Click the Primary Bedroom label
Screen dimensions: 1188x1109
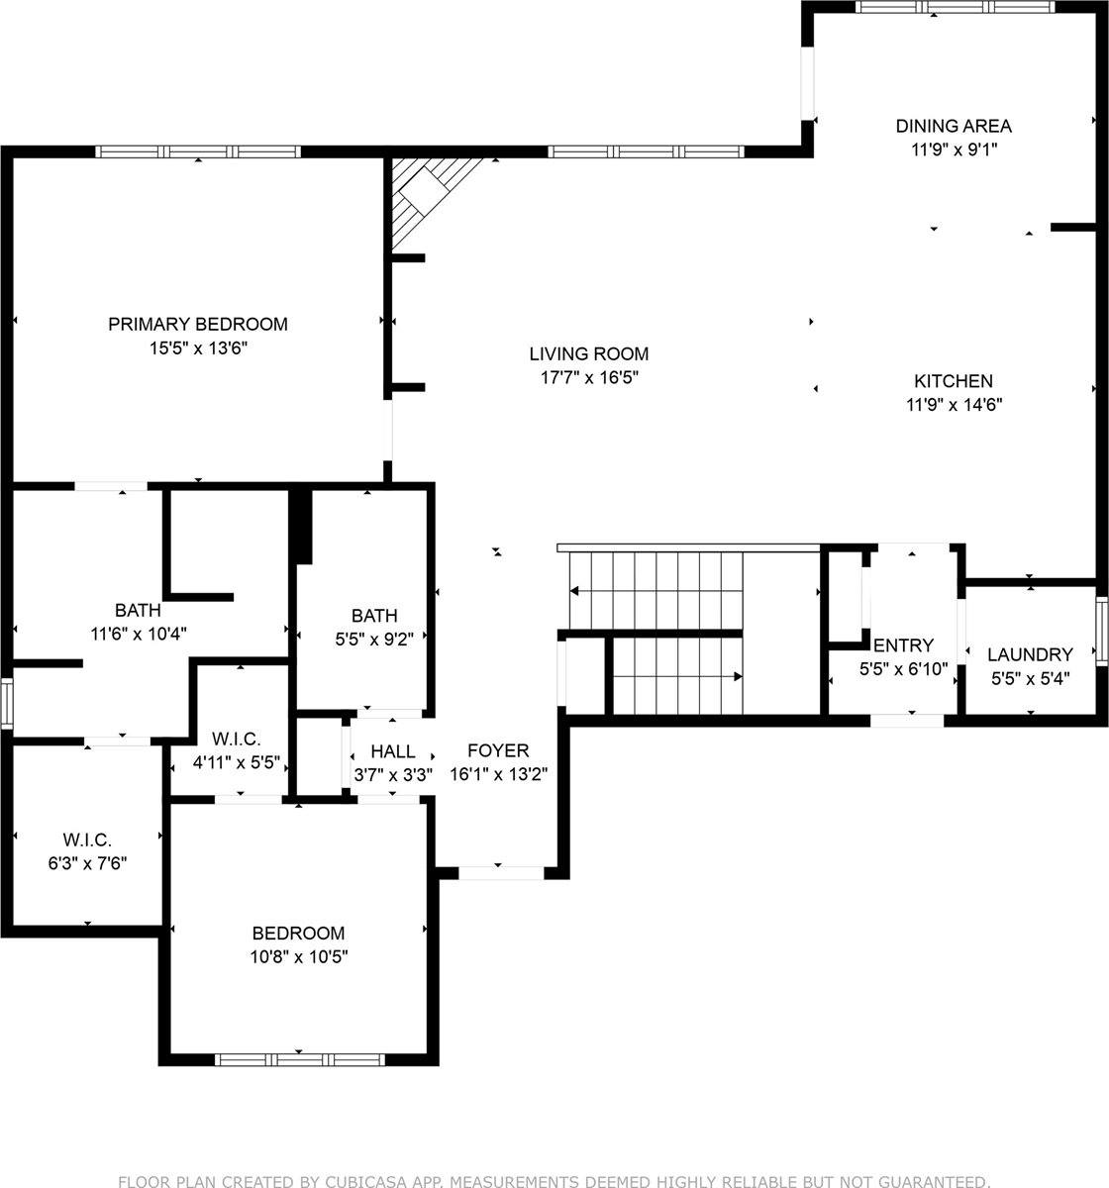point(198,324)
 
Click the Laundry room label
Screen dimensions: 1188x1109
point(1030,654)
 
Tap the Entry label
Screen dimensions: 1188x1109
point(903,645)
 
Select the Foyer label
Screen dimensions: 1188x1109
point(498,750)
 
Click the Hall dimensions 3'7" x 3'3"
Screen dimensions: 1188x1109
point(393,775)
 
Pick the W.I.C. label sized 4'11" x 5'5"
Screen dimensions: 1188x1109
point(237,739)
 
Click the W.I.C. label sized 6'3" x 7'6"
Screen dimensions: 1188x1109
point(88,840)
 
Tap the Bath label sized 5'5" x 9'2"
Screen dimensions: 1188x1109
point(374,616)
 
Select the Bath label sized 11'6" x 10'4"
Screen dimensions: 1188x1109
point(138,610)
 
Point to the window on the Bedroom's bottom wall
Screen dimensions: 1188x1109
point(301,1059)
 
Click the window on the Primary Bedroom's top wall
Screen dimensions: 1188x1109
point(198,152)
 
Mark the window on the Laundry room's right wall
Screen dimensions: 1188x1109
point(1101,629)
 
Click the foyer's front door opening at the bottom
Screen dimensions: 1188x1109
point(502,872)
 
